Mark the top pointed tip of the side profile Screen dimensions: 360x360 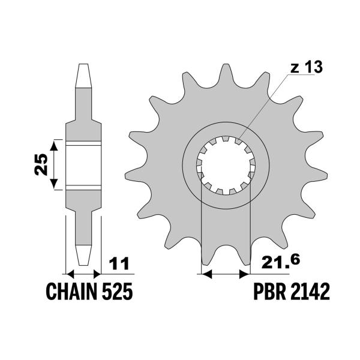83,67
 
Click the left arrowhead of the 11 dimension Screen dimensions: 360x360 68,274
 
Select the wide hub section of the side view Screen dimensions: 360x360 83,164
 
